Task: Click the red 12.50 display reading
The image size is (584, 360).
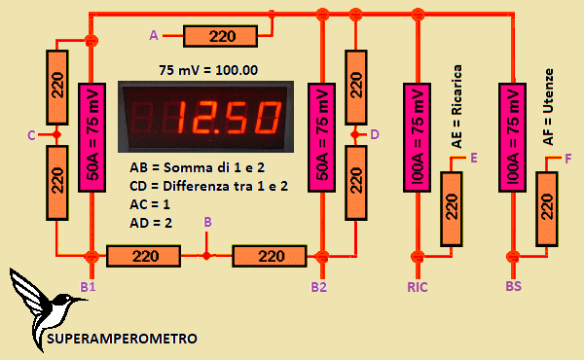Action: [x=230, y=120]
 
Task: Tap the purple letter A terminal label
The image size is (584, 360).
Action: [x=153, y=35]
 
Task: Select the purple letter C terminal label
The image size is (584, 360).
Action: [x=31, y=134]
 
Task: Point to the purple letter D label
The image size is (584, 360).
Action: [x=376, y=133]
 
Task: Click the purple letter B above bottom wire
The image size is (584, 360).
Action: [x=206, y=223]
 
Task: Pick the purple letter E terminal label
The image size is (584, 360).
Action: [x=473, y=157]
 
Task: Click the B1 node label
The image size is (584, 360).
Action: [x=88, y=287]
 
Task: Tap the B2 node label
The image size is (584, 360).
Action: [x=318, y=287]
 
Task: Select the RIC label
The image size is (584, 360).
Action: [x=418, y=287]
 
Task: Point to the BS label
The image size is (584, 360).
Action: [x=513, y=287]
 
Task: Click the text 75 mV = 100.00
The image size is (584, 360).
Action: [x=207, y=70]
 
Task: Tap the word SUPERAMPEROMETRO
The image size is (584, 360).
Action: [x=123, y=339]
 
